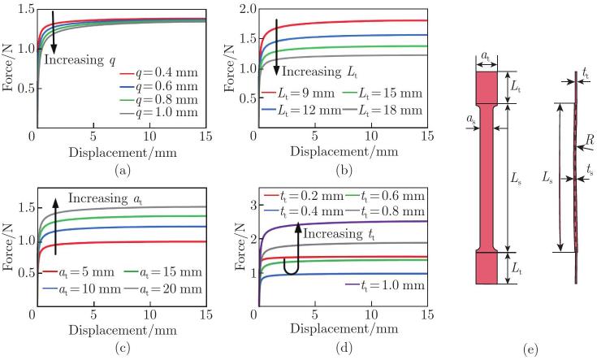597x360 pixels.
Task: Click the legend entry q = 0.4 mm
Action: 159,73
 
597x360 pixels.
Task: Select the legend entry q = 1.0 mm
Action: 159,113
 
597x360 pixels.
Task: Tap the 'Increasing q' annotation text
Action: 80,60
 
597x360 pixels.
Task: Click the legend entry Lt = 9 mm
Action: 298,93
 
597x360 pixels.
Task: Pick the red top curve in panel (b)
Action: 343,23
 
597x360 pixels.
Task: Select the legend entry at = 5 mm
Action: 79,272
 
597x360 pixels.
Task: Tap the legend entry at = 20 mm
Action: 162,289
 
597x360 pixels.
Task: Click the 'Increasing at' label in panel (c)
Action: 105,198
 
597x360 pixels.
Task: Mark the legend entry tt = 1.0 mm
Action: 385,286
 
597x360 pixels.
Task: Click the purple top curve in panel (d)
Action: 343,223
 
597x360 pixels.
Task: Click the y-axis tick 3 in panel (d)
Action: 250,206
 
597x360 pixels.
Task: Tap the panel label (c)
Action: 123,348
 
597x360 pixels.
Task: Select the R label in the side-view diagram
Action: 590,141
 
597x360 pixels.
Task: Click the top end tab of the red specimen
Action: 487,87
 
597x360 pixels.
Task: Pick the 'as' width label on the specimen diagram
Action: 471,119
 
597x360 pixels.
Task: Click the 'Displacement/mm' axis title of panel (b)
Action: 344,152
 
